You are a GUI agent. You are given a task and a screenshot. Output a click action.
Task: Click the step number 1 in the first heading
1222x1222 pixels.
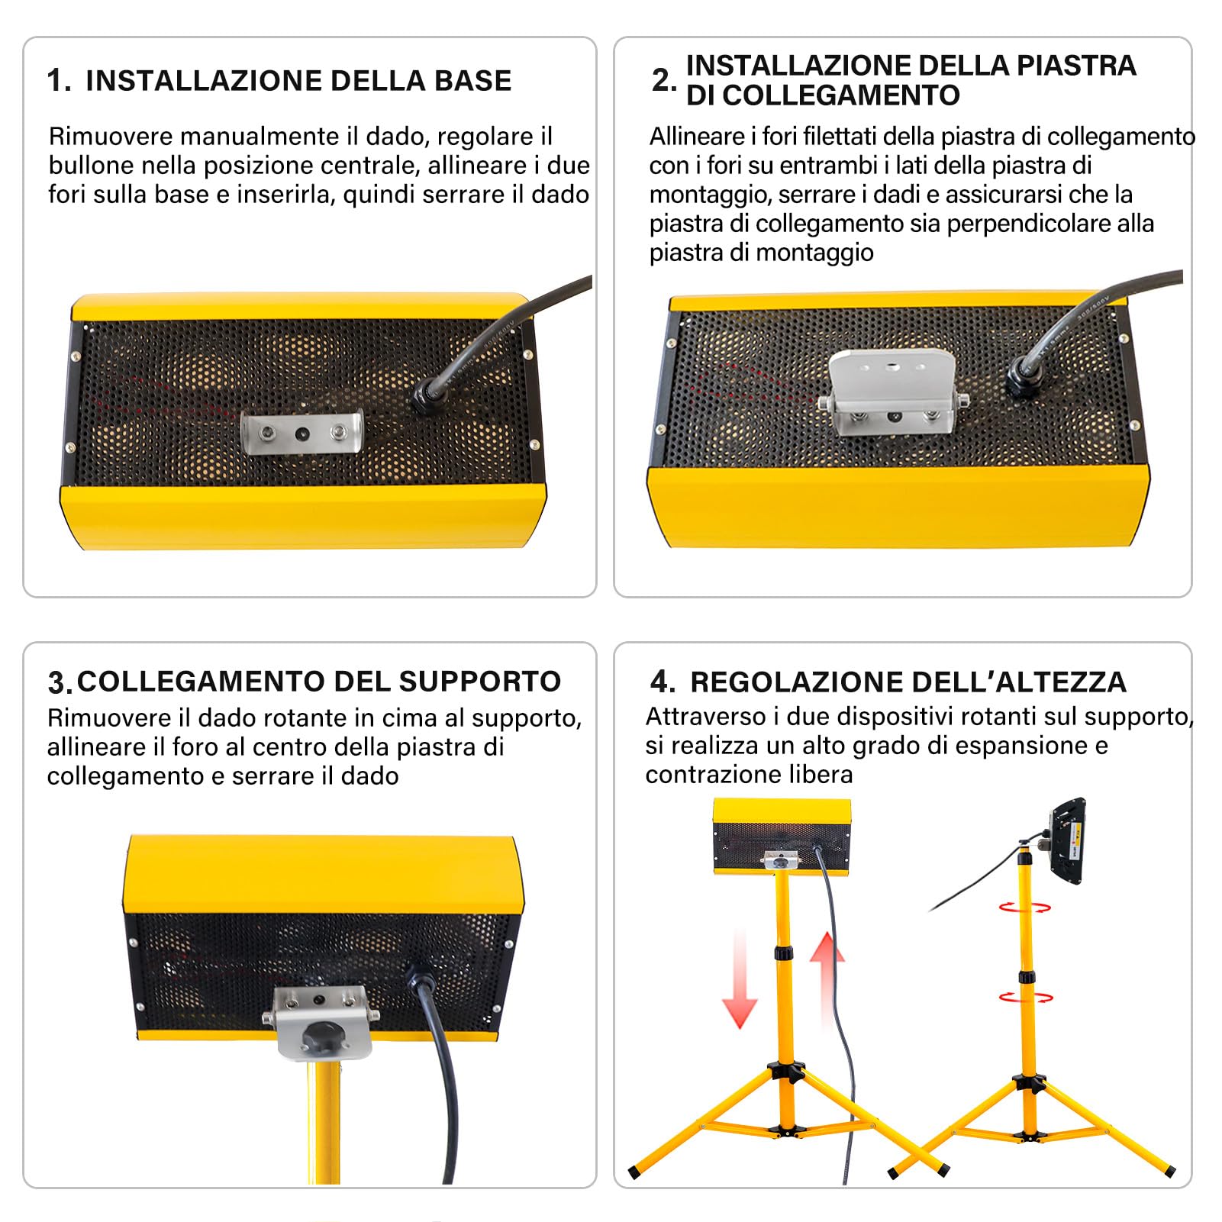pos(54,80)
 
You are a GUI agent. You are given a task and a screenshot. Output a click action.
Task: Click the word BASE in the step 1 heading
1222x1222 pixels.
pos(472,81)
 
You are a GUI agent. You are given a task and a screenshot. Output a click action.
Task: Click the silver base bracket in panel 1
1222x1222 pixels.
pos(302,431)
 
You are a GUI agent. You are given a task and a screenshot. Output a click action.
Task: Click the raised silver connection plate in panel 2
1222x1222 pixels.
pos(892,389)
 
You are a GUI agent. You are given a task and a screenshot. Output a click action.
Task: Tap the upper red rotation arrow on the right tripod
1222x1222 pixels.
pos(1024,908)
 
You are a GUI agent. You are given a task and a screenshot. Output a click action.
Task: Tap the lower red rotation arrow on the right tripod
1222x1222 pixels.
pos(1025,997)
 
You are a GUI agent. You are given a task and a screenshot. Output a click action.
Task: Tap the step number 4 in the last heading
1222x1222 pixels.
pos(662,681)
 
